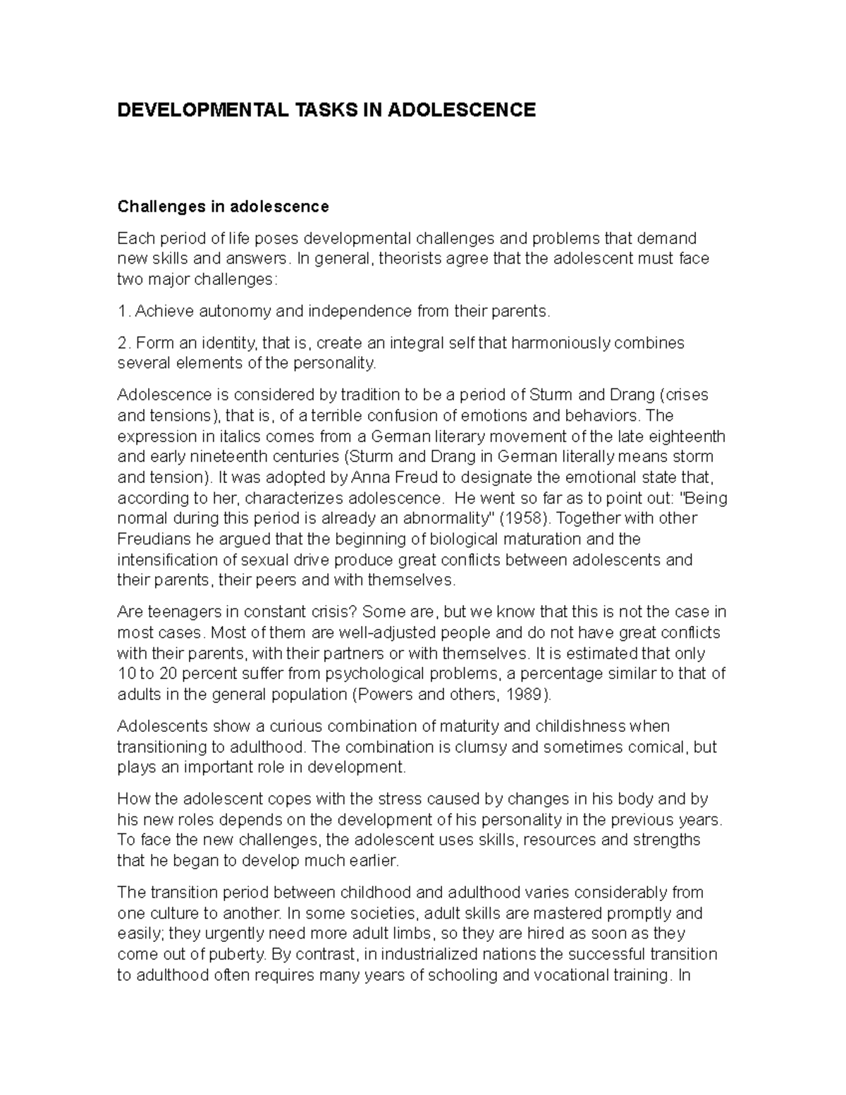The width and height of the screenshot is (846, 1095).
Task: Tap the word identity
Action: pyautogui.click(x=230, y=343)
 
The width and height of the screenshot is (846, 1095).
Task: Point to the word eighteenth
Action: pyautogui.click(x=668, y=436)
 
